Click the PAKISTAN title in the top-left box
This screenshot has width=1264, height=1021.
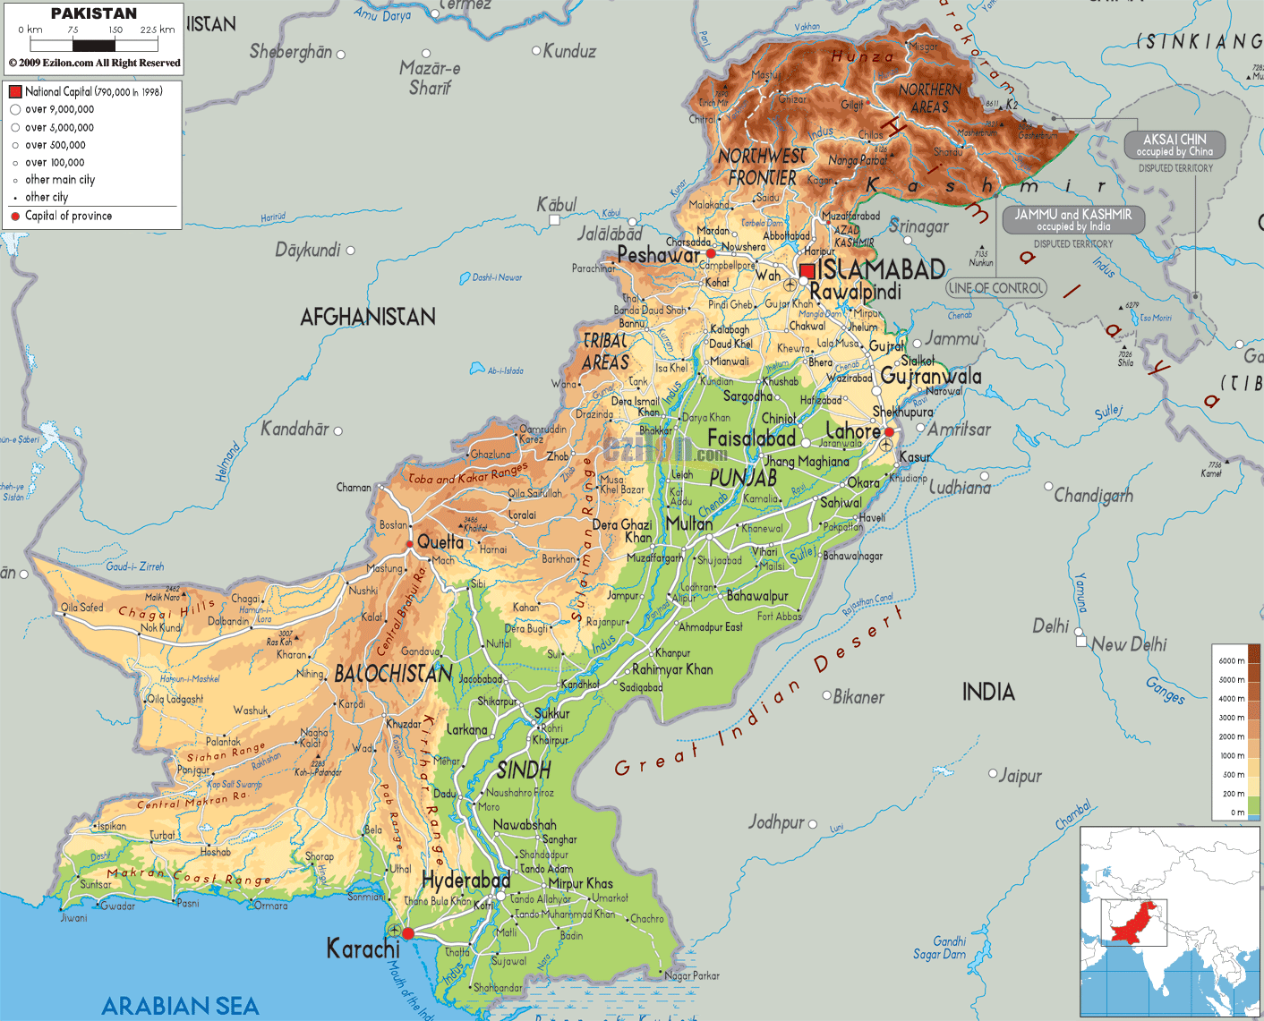[x=94, y=13]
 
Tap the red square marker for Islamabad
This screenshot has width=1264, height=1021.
[x=807, y=271]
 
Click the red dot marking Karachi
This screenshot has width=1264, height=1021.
[x=408, y=933]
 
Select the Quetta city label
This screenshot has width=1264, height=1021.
[x=440, y=542]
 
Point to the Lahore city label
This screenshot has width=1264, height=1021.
[x=852, y=431]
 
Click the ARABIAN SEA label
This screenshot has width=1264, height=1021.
[x=180, y=1006]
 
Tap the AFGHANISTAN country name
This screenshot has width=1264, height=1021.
[x=368, y=317]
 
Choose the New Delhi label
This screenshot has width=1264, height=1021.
[x=1128, y=644]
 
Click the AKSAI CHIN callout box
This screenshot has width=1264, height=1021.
[x=1174, y=145]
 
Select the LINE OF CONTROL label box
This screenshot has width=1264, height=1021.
[x=995, y=288]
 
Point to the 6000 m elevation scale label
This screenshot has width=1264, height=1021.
[x=1231, y=660]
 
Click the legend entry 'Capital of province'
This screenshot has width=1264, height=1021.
[x=68, y=216]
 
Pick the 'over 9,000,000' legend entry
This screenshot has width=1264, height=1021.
[x=59, y=109]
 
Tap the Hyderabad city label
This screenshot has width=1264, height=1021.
[x=465, y=880]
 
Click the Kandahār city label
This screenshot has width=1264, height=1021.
[x=295, y=430]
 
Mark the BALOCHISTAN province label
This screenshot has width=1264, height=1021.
[x=393, y=674]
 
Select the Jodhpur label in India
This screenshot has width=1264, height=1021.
[x=776, y=821]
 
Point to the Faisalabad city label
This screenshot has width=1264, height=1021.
[x=751, y=438]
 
